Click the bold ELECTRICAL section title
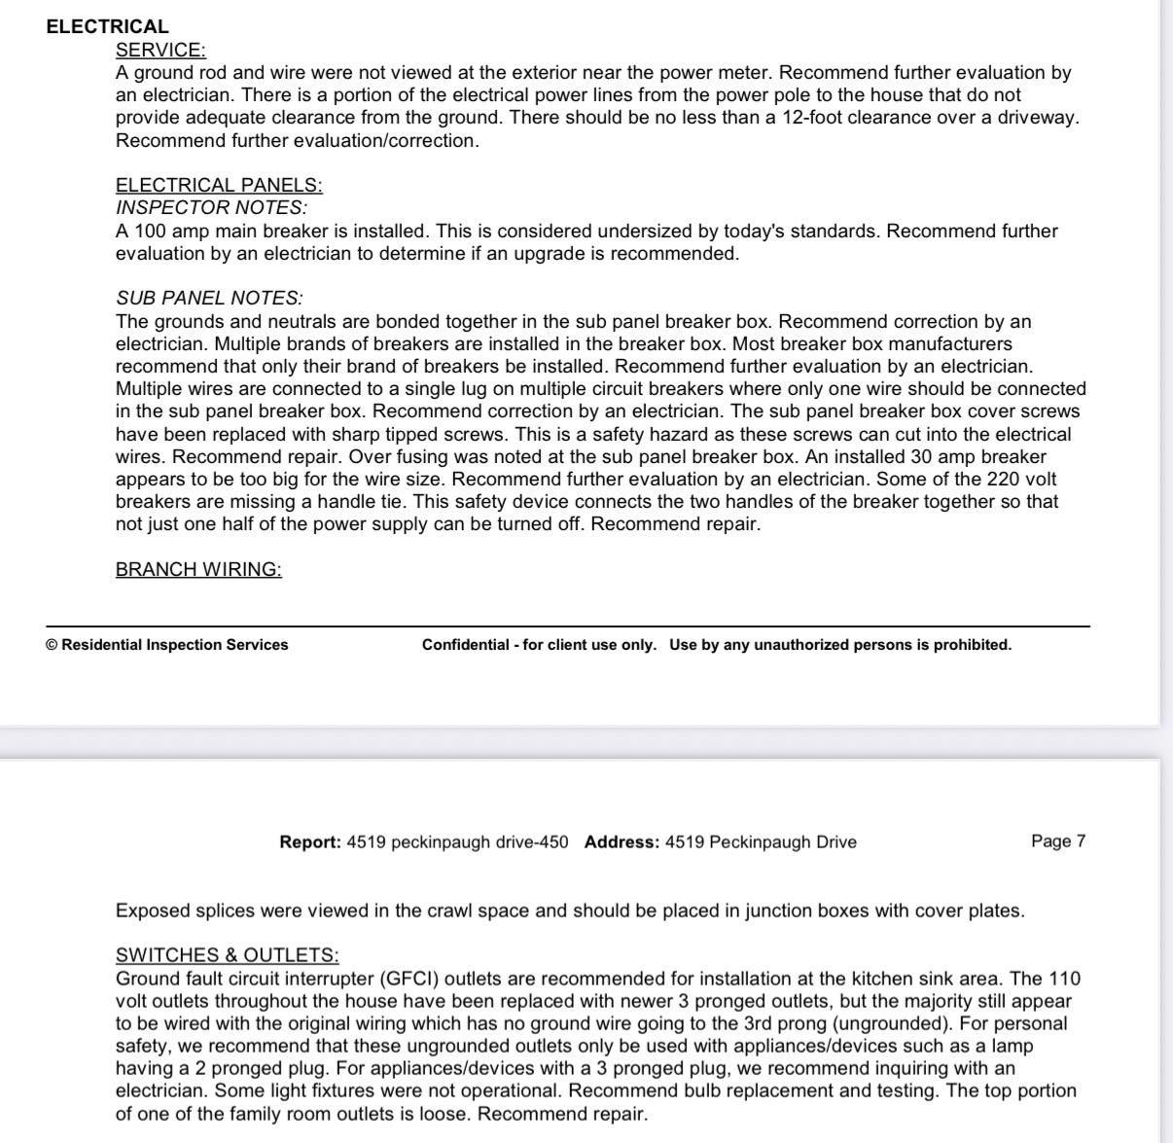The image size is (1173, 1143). point(107,26)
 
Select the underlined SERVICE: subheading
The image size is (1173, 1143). point(160,50)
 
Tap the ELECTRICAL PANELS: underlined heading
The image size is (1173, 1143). point(219,185)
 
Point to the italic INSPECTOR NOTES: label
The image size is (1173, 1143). point(211,207)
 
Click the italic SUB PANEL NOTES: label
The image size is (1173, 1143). point(209,298)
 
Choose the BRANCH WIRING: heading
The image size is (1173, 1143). point(198,569)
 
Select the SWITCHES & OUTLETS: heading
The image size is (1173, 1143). point(227,955)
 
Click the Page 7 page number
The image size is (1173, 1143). point(1057,840)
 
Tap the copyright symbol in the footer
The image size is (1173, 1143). point(52,645)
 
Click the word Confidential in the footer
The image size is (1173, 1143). point(464,645)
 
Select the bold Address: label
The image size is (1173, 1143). point(622,841)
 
